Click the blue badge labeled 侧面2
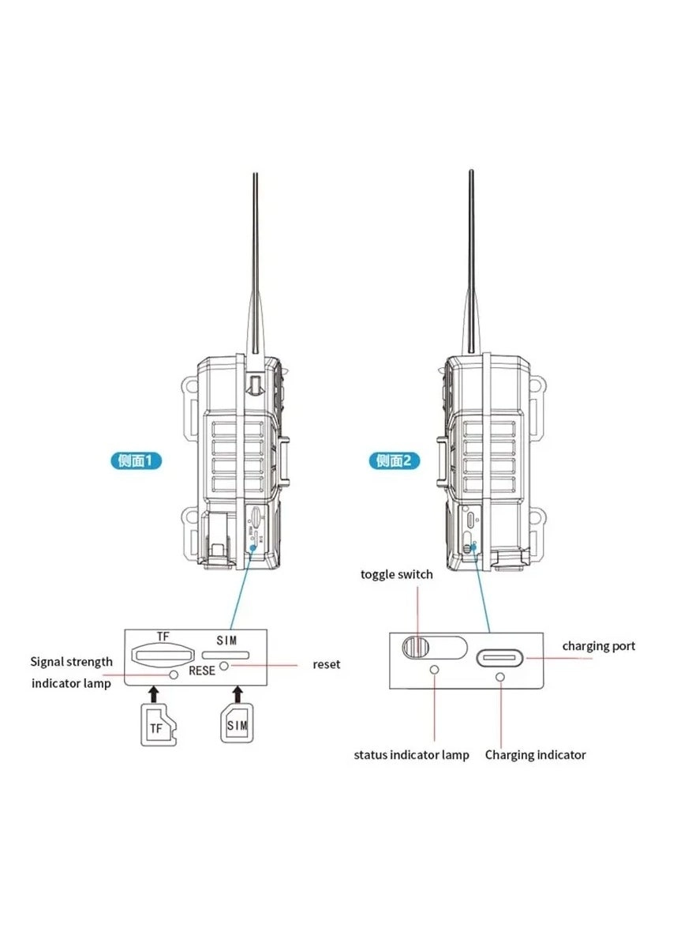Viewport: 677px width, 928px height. (x=394, y=460)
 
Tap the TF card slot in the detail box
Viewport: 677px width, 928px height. (x=164, y=654)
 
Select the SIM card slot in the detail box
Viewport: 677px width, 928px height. (x=226, y=655)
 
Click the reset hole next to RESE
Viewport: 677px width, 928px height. (x=224, y=667)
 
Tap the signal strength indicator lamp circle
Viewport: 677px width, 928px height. (x=173, y=675)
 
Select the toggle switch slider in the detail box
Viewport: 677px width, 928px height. (x=416, y=647)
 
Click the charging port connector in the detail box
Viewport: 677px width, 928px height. (x=500, y=658)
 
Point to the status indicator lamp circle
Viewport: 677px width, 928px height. (x=434, y=669)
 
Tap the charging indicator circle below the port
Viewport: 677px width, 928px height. (x=500, y=677)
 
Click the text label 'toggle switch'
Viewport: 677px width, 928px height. (x=397, y=574)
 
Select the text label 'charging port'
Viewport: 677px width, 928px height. (x=598, y=646)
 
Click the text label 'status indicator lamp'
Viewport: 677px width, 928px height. (x=411, y=755)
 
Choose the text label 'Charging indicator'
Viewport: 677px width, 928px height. (x=535, y=755)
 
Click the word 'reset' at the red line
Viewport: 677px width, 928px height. (x=326, y=664)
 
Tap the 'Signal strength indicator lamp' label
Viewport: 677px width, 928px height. (x=72, y=672)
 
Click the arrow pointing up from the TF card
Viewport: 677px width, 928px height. (x=154, y=693)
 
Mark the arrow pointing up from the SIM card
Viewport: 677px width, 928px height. (x=236, y=693)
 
